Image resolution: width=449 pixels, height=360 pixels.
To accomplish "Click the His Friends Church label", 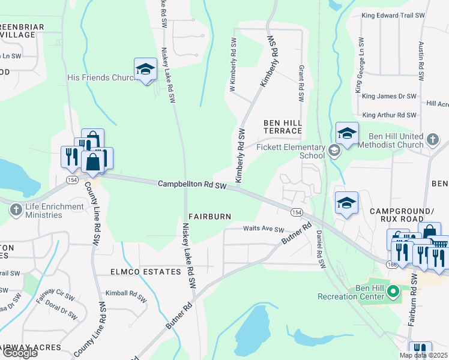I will click(x=103, y=77).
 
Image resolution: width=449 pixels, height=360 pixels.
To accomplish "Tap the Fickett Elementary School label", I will click(x=291, y=151).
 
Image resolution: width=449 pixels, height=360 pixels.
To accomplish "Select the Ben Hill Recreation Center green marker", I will click(x=393, y=293).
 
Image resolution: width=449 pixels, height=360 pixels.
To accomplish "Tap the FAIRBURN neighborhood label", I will click(x=209, y=216).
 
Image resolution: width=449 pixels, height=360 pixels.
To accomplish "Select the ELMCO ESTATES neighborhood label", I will click(x=145, y=272).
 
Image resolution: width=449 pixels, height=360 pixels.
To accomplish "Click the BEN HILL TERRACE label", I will click(x=282, y=127).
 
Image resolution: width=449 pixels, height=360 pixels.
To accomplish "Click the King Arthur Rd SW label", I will click(x=389, y=115).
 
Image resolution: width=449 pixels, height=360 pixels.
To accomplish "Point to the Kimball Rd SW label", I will click(x=126, y=296).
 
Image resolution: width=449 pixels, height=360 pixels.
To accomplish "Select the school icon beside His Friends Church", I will click(x=145, y=70).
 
